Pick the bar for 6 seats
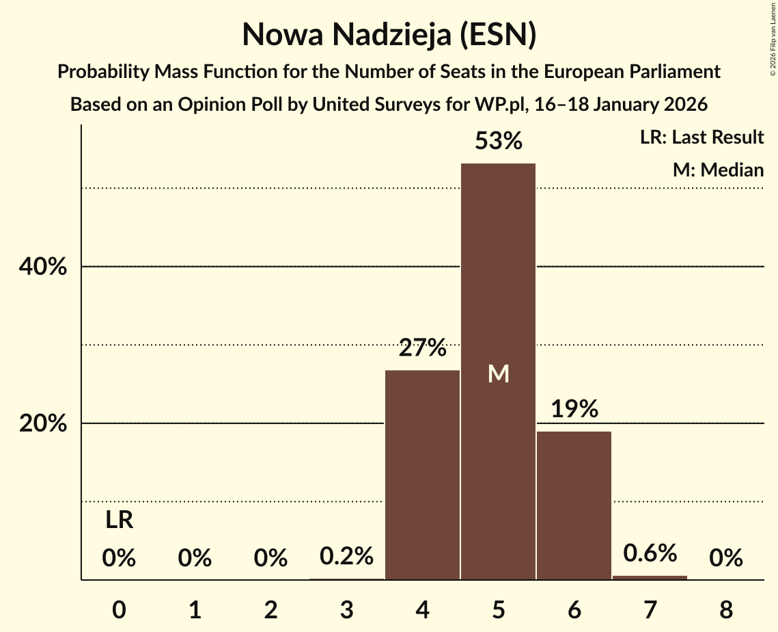click(574, 505)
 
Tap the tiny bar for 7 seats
click(650, 577)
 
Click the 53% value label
click(499, 142)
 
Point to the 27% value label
click(422, 348)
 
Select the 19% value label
click(574, 410)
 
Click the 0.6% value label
click(650, 553)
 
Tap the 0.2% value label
click(346, 556)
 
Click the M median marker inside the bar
click(499, 373)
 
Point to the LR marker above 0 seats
click(119, 521)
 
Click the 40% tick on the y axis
click(42, 267)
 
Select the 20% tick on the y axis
click(42, 424)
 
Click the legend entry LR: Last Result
click(701, 137)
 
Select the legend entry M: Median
click(718, 170)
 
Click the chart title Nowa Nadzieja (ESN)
click(389, 35)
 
